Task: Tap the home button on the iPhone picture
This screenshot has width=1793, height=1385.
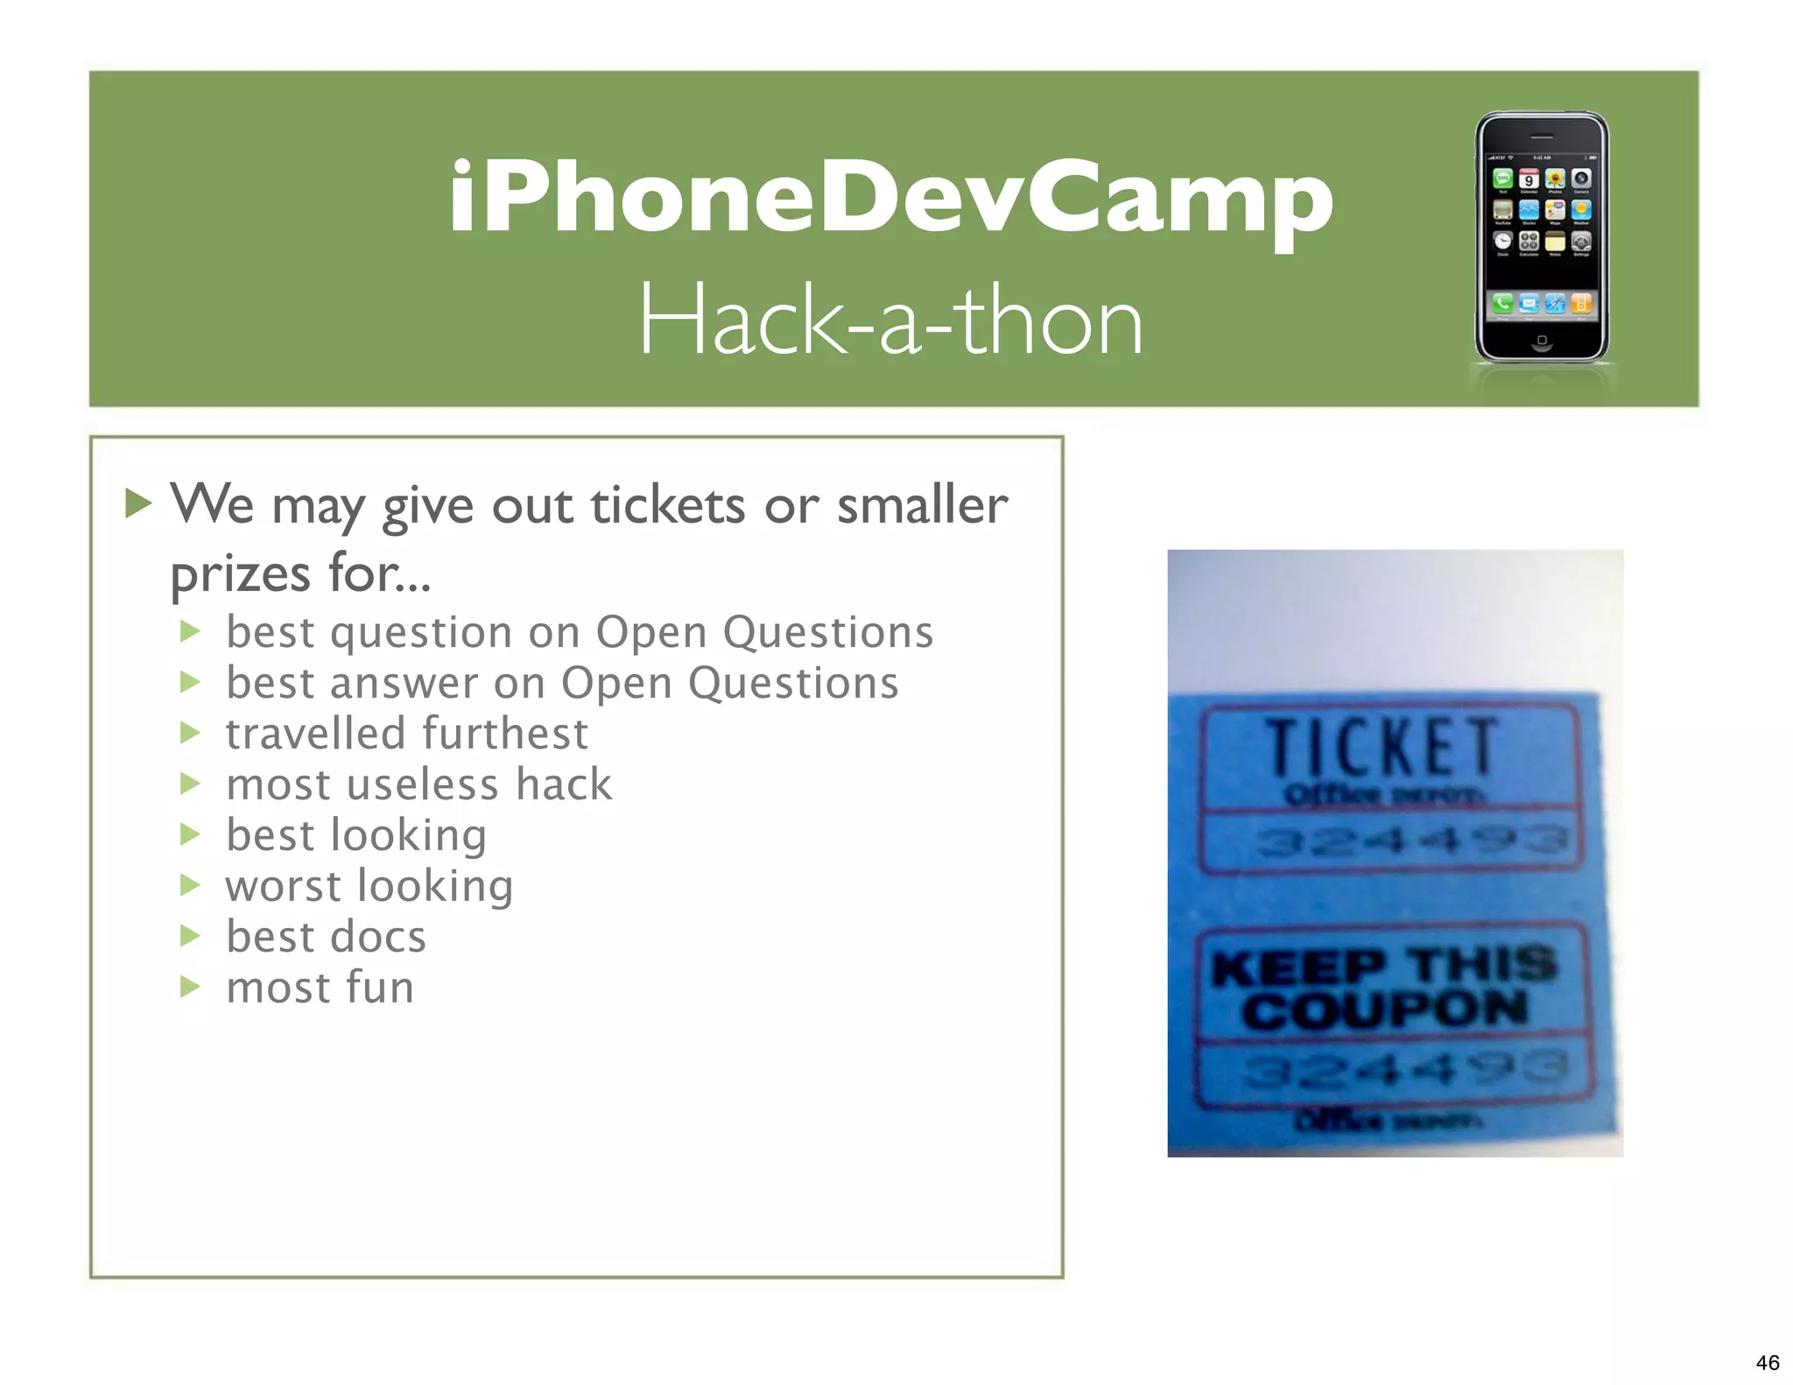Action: click(x=1542, y=340)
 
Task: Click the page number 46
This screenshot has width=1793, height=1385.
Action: click(x=1767, y=1362)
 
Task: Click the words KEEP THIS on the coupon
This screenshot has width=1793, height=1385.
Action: click(x=1385, y=966)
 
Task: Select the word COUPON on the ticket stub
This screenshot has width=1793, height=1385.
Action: click(x=1385, y=1009)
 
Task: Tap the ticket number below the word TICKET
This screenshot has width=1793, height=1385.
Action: click(x=1410, y=841)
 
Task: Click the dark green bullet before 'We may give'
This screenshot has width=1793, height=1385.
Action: click(x=138, y=503)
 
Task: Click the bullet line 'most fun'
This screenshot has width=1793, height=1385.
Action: click(x=320, y=987)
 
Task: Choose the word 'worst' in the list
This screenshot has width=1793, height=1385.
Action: click(x=283, y=886)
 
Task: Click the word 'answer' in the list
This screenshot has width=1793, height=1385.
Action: click(x=404, y=683)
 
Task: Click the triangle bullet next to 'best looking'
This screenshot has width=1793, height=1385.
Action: click(x=190, y=834)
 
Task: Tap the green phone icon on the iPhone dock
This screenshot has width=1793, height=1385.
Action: click(x=1502, y=304)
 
